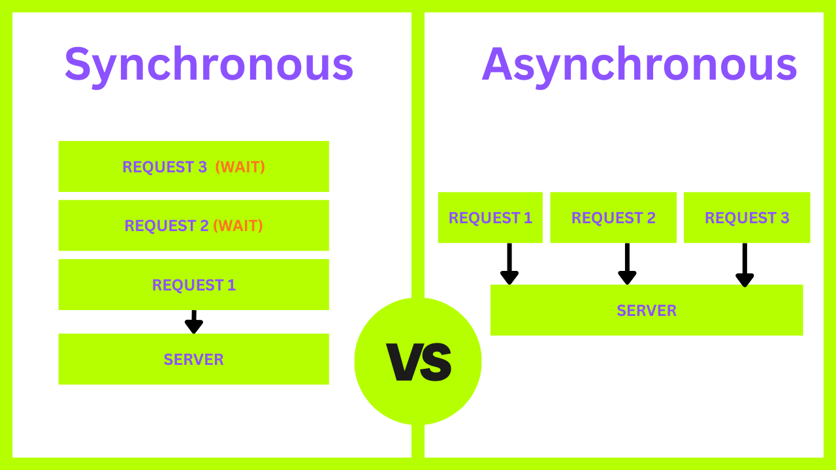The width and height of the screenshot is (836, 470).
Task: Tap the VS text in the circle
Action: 418,362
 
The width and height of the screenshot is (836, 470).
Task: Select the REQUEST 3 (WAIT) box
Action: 193,166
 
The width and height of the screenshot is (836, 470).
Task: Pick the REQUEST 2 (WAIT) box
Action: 193,225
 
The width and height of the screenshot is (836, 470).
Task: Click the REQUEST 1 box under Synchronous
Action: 193,285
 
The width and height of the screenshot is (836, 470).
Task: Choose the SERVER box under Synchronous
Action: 193,359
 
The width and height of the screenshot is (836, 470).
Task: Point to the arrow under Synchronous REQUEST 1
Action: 193,322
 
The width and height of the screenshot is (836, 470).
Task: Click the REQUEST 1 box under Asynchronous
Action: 490,217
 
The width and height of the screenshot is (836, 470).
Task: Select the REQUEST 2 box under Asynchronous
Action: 613,217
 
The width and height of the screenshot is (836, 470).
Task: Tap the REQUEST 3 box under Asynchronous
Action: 747,217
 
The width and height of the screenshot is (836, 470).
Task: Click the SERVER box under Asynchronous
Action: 647,310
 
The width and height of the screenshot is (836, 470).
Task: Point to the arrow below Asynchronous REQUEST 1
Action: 509,264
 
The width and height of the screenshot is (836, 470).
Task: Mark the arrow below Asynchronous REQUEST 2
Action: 627,264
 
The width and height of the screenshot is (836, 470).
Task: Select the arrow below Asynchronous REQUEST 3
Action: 745,265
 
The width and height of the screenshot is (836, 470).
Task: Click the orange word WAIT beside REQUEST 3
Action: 240,167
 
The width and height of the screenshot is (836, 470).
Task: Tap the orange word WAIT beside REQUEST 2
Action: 238,226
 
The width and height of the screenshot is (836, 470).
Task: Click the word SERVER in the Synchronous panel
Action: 193,360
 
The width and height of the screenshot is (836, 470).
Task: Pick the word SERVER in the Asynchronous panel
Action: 647,311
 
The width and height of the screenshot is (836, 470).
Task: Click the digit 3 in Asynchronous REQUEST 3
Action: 784,218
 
